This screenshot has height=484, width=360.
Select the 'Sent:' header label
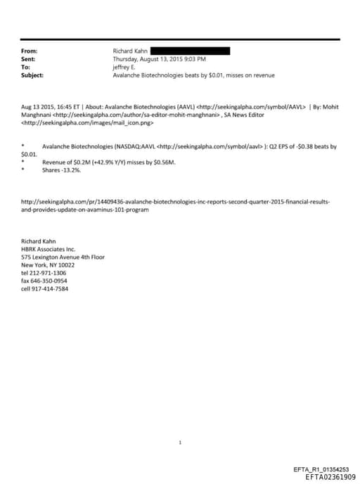pyautogui.click(x=29, y=59)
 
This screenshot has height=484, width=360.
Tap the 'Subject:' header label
pyautogui.click(x=33, y=75)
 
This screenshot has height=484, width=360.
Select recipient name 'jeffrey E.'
pyautogui.click(x=126, y=67)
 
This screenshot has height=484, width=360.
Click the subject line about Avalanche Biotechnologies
pyautogui.click(x=193, y=75)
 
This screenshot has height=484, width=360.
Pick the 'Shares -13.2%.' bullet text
pyautogui.click(x=62, y=170)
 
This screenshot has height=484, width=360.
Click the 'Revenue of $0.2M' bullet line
pyautogui.click(x=109, y=162)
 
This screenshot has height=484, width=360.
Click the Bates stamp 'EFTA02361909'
pyautogui.click(x=330, y=477)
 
